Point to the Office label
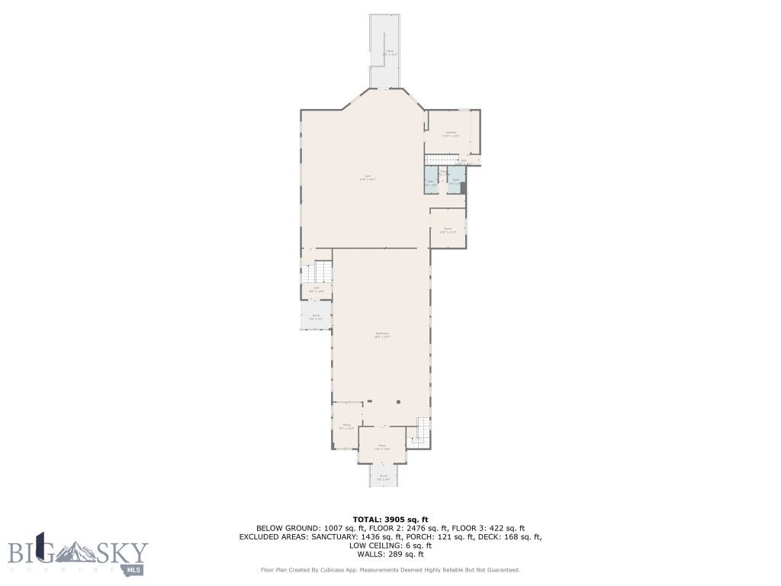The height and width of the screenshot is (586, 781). pyautogui.click(x=346, y=427)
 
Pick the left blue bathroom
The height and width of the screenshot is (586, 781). pyautogui.click(x=430, y=182)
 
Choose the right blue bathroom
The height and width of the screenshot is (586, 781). pyautogui.click(x=455, y=182)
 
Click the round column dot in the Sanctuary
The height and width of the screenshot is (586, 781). pyautogui.click(x=398, y=401)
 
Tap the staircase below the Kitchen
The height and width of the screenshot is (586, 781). pyautogui.click(x=439, y=158)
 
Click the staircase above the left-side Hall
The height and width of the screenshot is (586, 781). pyautogui.click(x=319, y=272)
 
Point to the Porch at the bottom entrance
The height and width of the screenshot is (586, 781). pyautogui.click(x=384, y=477)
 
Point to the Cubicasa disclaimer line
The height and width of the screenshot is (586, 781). pyautogui.click(x=390, y=570)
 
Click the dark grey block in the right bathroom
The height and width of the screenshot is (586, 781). pyautogui.click(x=463, y=187)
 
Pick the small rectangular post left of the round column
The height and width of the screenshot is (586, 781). pyautogui.click(x=369, y=401)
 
